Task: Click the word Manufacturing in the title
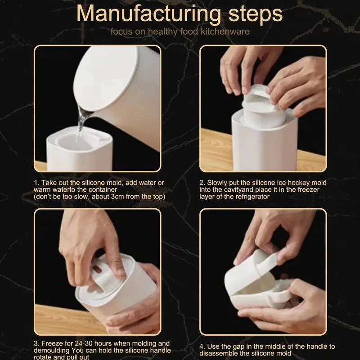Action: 148,14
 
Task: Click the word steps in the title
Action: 256,13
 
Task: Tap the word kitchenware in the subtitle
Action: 225,31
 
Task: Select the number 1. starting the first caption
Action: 37,183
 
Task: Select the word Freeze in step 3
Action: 52,343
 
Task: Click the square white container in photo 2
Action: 264,142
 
